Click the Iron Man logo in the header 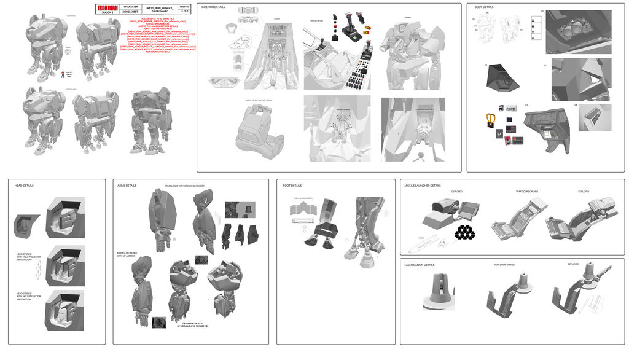[105, 9]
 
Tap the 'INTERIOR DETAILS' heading [212, 7]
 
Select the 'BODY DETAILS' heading [484, 7]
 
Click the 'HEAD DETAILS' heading [24, 185]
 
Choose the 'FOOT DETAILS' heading [292, 185]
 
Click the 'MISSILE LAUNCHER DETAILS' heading [423, 185]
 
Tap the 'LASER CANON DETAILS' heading [419, 265]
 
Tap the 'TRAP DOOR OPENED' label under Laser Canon [504, 265]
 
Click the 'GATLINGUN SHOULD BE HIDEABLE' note [191, 324]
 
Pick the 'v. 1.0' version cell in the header [186, 11]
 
